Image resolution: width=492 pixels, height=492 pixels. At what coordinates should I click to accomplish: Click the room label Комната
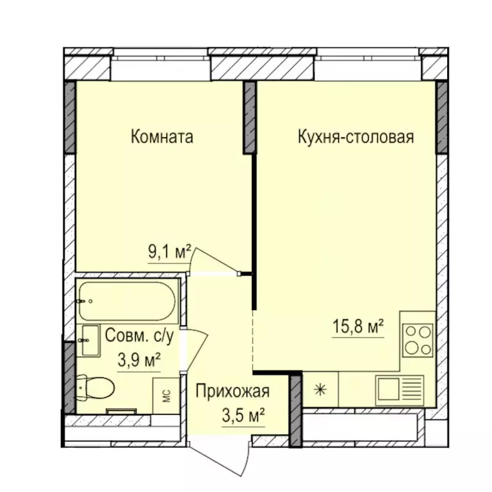click(x=161, y=138)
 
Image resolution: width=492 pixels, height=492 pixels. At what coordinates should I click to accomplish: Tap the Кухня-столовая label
click(x=356, y=138)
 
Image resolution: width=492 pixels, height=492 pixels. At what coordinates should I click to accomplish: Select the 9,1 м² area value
click(x=169, y=252)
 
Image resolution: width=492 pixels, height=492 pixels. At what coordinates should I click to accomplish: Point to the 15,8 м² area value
click(x=358, y=326)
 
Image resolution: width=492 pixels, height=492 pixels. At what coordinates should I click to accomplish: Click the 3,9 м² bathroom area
click(x=139, y=360)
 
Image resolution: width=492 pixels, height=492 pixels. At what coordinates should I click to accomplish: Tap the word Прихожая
click(x=233, y=391)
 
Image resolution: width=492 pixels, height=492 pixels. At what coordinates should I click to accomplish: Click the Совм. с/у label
click(x=139, y=336)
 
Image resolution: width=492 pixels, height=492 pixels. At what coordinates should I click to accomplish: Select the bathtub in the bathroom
click(x=127, y=301)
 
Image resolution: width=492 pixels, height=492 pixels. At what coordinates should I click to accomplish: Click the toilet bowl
click(x=95, y=388)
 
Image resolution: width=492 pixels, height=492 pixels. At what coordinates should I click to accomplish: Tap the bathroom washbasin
click(x=91, y=341)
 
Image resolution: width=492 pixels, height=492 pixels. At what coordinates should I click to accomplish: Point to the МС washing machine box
click(x=167, y=396)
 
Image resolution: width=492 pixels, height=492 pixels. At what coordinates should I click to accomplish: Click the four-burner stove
click(x=418, y=341)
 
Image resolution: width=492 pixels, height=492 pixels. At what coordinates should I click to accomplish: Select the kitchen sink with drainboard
click(x=400, y=391)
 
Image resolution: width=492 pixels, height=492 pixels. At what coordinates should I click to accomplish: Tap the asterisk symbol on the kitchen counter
click(x=320, y=390)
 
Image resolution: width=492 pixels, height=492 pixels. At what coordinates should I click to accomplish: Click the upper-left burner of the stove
click(x=411, y=332)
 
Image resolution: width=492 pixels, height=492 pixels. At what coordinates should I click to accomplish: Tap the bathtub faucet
click(x=81, y=302)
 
